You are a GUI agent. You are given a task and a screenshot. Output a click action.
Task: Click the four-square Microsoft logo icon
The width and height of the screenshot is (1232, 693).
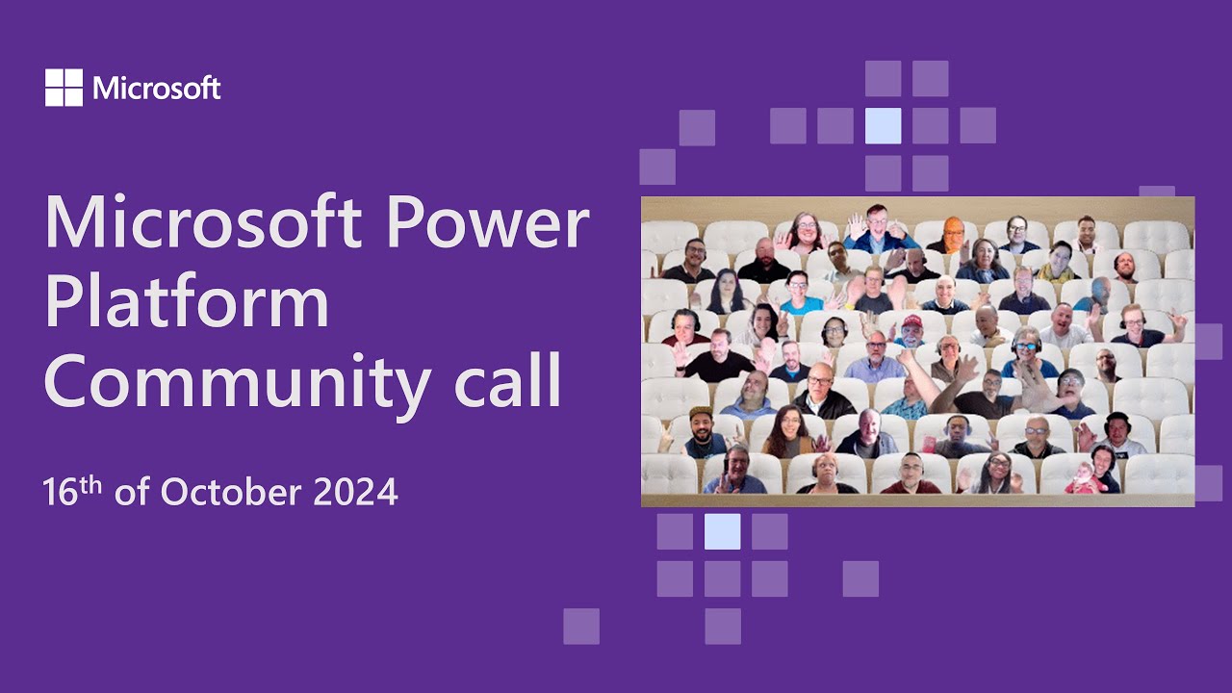(x=64, y=88)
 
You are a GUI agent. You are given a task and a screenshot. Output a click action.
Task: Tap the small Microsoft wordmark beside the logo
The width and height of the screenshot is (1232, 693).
(x=157, y=90)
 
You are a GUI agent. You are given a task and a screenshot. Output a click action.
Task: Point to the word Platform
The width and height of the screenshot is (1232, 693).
(x=187, y=302)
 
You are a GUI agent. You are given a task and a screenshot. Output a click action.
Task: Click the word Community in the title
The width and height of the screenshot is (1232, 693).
(x=237, y=383)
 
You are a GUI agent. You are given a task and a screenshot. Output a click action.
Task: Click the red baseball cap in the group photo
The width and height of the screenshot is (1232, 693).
(x=911, y=321)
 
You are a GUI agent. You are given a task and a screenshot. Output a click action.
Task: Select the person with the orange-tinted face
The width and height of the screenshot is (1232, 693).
(x=952, y=232)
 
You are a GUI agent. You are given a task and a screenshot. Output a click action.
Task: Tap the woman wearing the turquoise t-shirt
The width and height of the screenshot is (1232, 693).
(x=798, y=293)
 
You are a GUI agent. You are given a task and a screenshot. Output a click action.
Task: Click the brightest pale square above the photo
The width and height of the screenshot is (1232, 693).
(x=883, y=125)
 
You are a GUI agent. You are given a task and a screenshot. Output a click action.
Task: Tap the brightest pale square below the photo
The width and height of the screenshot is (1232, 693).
(x=722, y=531)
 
